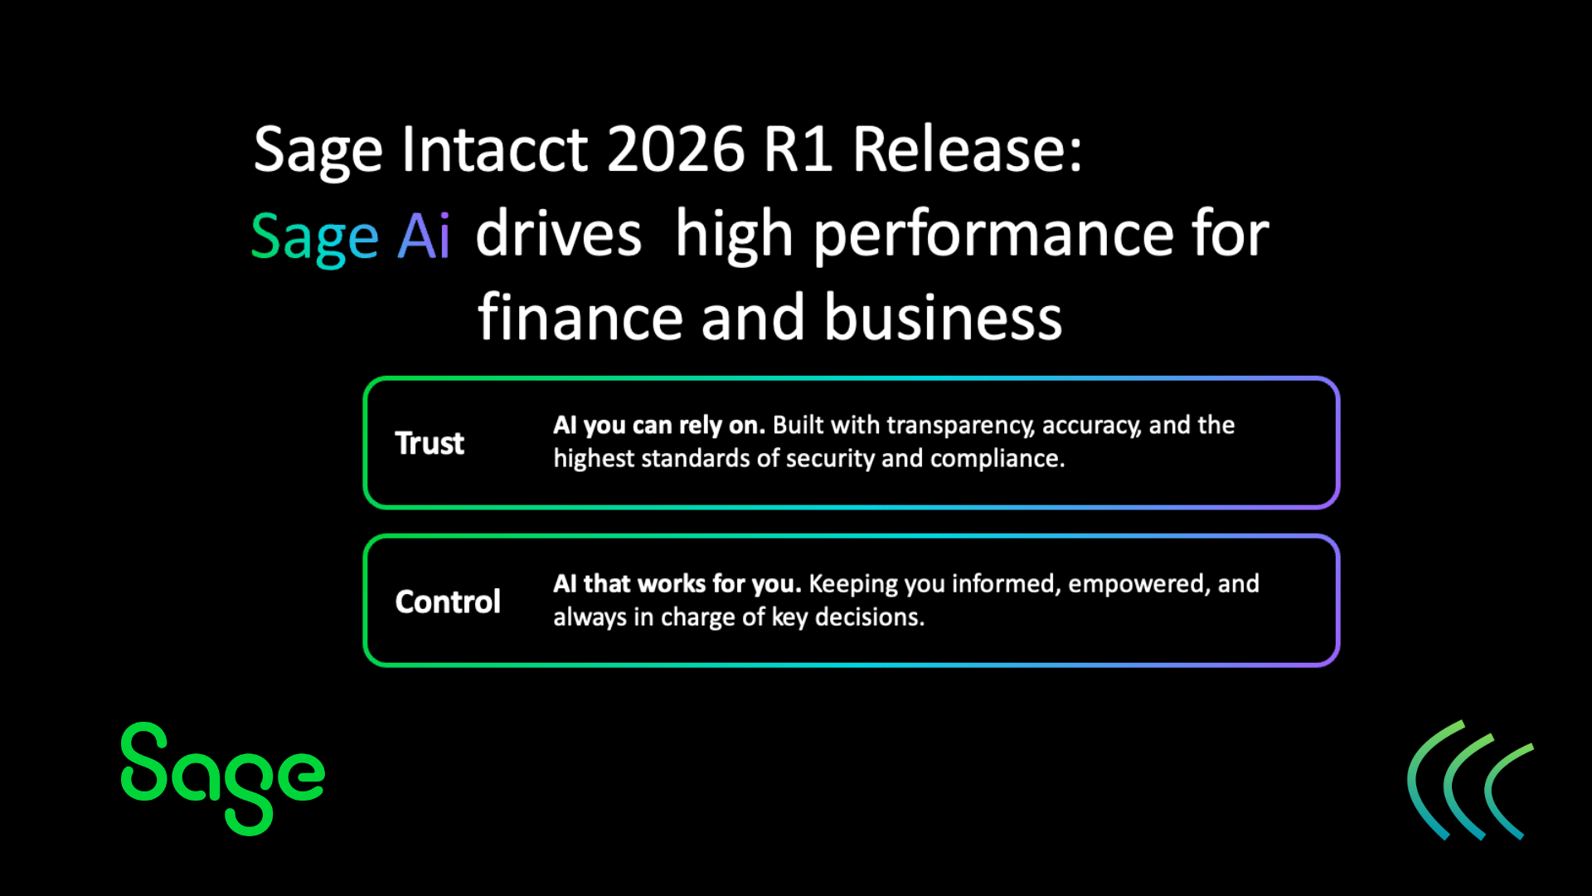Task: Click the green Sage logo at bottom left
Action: [222, 777]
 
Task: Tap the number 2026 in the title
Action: [676, 150]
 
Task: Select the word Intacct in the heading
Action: [494, 150]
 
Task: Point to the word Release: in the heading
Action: [967, 150]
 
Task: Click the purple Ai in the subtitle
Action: [424, 236]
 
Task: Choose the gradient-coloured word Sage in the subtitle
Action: [315, 238]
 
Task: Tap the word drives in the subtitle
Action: [558, 235]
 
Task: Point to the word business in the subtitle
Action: [943, 318]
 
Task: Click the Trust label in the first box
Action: [430, 443]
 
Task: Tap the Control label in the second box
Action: [448, 601]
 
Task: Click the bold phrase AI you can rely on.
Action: [658, 425]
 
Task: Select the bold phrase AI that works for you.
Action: [677, 583]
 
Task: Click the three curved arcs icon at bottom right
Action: [1469, 780]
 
